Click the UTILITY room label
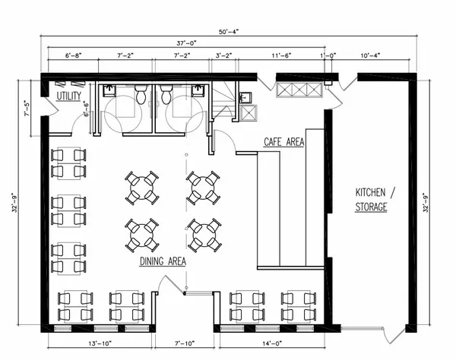(x=69, y=96)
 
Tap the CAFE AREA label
(x=283, y=142)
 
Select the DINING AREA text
(x=163, y=261)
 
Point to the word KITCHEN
(x=370, y=192)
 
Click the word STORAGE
(x=371, y=207)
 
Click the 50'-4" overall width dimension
(x=229, y=32)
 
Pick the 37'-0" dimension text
(x=186, y=43)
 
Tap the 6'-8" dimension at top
(x=73, y=55)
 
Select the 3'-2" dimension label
(x=223, y=55)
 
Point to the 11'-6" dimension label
(x=281, y=55)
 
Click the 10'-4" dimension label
(x=370, y=55)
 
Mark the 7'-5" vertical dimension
(x=27, y=109)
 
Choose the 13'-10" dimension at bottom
(x=100, y=344)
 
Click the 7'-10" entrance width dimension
(x=185, y=344)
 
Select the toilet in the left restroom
(x=141, y=94)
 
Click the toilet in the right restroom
(x=166, y=94)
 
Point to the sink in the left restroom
(x=109, y=90)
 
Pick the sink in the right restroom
(x=198, y=90)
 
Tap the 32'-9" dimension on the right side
(x=426, y=203)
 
